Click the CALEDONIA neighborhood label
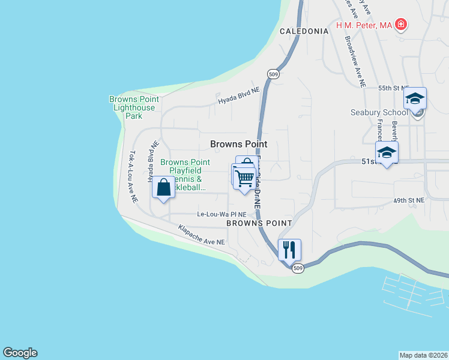304,31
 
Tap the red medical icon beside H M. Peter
400,25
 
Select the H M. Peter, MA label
364,25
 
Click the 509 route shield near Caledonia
273,74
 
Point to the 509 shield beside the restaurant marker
298,269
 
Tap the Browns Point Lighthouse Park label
134,107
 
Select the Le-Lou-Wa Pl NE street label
222,214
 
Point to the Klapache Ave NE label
201,235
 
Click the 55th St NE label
393,88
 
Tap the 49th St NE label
409,200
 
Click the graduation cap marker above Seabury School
415,98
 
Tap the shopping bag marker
163,187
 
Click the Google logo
20,353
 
